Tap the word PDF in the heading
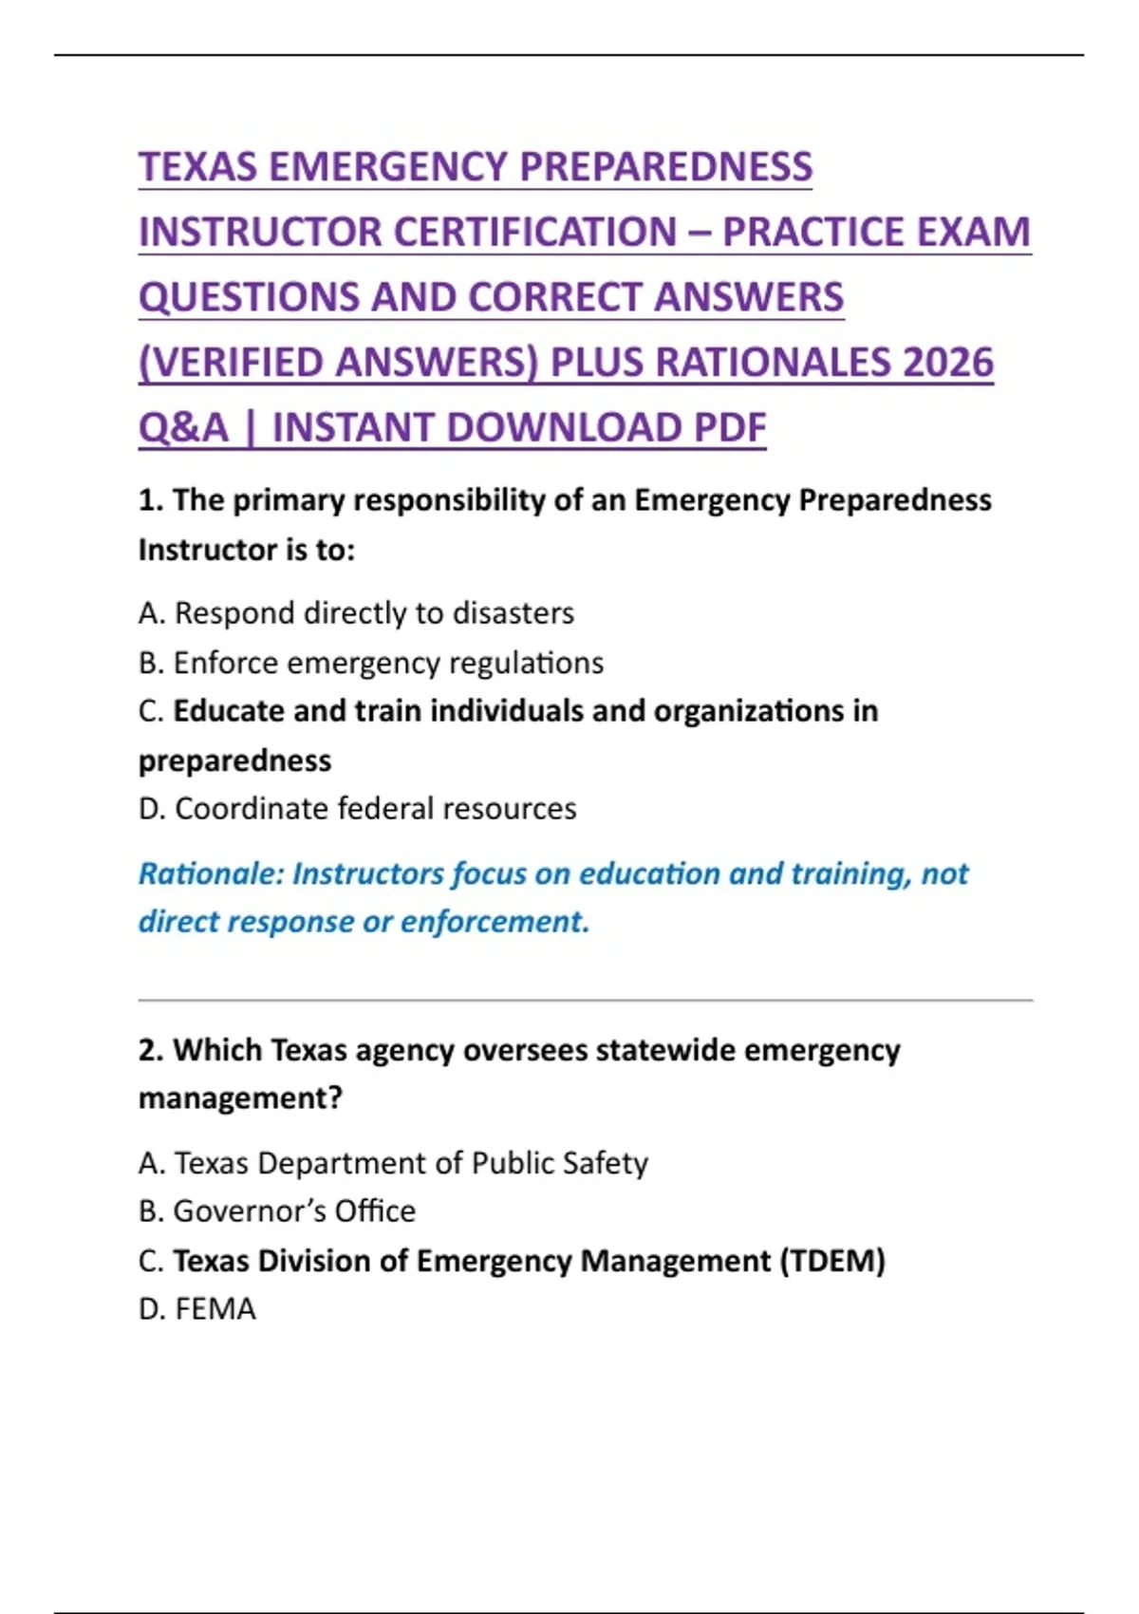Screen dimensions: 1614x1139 (729, 428)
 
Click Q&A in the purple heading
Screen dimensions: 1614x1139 (184, 428)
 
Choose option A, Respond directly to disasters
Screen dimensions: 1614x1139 (356, 613)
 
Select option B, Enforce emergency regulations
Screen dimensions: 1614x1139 (371, 663)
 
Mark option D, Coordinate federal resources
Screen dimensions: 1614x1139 (357, 809)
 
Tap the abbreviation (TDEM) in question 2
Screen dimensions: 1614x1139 (832, 1261)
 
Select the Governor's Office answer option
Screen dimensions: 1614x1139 (277, 1211)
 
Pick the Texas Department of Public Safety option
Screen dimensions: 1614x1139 (393, 1163)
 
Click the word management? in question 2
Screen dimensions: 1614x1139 (240, 1098)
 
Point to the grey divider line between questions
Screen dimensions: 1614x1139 (585, 1001)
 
